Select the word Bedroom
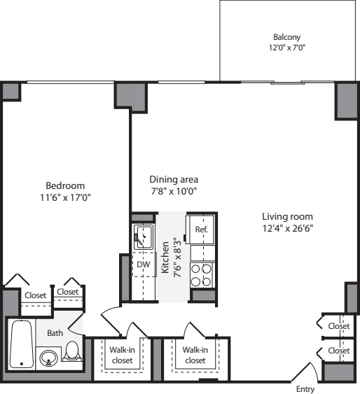pyautogui.click(x=65, y=185)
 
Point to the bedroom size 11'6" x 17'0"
pyautogui.click(x=65, y=197)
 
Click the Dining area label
pyautogui.click(x=174, y=179)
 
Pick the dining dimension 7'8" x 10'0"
pyautogui.click(x=174, y=191)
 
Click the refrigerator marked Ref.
pyautogui.click(x=201, y=229)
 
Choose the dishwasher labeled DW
pyautogui.click(x=143, y=265)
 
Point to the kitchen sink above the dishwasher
pyautogui.click(x=144, y=236)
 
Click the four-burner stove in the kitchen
pyautogui.click(x=202, y=274)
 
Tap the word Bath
pyautogui.click(x=55, y=333)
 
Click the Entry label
pyautogui.click(x=305, y=389)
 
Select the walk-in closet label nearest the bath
pyautogui.click(x=123, y=355)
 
